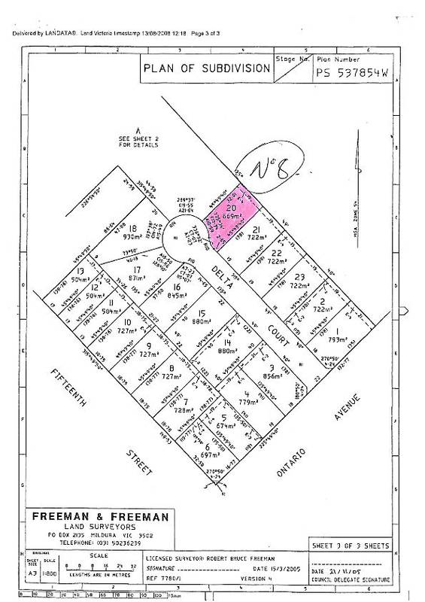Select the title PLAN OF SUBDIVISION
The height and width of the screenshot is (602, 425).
tap(206, 68)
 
